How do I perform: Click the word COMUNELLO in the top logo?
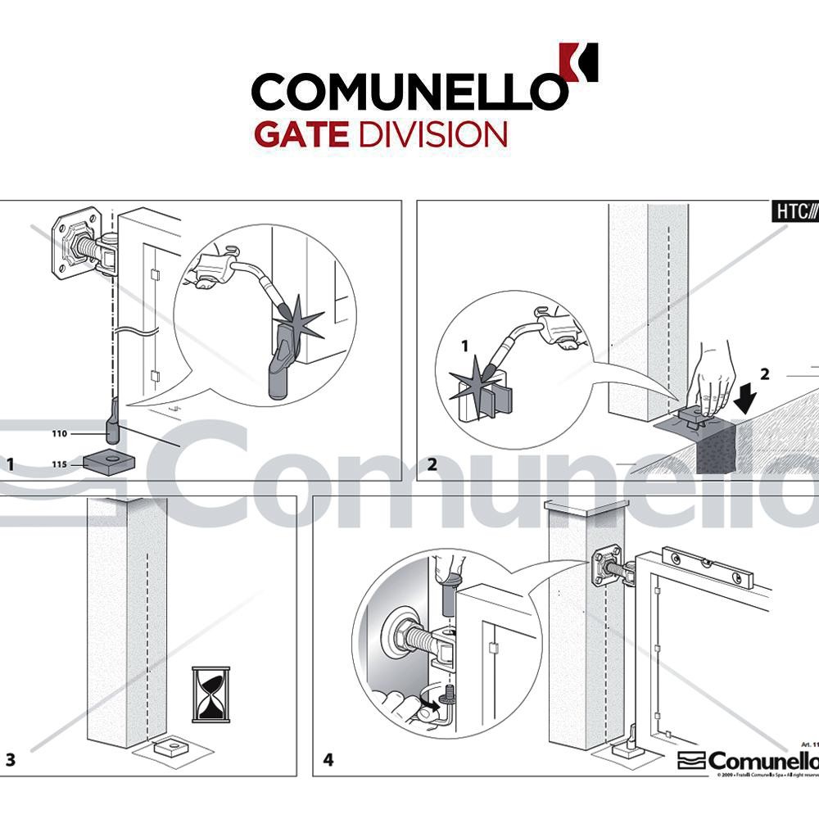point(408,89)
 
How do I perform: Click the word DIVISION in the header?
point(433,133)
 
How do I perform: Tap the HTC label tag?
point(795,211)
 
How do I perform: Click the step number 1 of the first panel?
point(11,464)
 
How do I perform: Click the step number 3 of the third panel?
point(11,759)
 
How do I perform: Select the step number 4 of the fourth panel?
point(328,760)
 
